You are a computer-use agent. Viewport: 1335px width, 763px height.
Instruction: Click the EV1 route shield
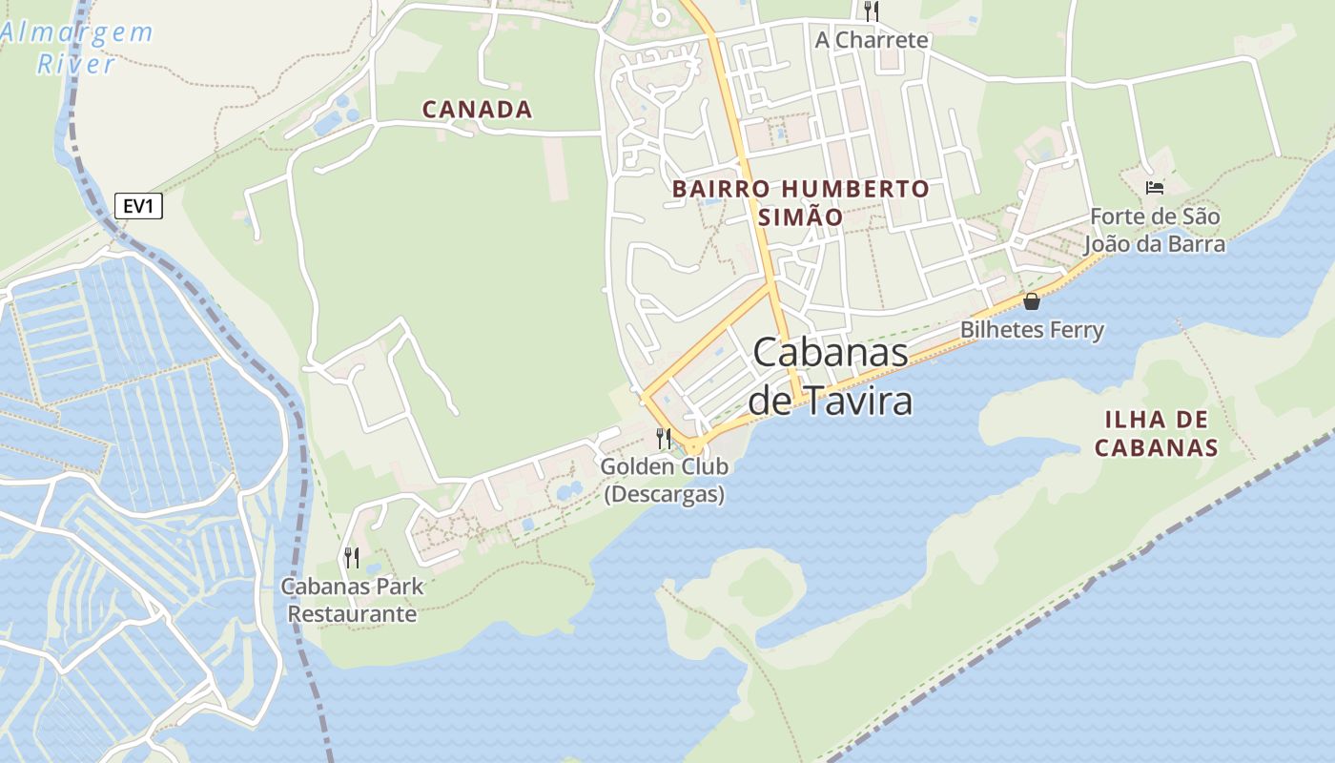point(139,206)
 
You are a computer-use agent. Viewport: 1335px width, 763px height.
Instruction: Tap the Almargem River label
point(76,48)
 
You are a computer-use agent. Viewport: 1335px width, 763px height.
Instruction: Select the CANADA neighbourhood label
point(477,110)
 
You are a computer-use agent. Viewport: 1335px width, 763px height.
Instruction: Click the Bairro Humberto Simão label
point(800,202)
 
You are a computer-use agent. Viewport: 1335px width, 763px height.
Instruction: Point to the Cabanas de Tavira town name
point(831,377)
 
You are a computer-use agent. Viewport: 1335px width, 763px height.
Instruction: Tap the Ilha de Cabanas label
point(1156,433)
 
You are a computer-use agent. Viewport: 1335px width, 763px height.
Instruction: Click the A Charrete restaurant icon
point(871,11)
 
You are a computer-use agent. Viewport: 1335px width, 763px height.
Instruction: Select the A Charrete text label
point(871,40)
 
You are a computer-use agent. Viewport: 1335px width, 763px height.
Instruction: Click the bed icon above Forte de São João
point(1155,187)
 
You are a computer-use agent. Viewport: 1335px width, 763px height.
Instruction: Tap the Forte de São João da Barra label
point(1155,230)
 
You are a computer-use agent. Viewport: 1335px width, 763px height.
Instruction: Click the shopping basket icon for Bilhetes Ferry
point(1031,302)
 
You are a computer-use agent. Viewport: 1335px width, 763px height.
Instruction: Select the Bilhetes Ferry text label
point(1032,330)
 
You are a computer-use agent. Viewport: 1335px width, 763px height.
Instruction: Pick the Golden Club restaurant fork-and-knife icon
point(664,439)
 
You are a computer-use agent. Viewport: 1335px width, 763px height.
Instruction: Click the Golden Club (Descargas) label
point(665,481)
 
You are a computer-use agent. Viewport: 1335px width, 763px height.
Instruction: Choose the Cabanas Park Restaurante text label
point(352,600)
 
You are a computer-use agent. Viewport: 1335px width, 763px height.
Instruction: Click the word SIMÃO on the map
point(800,217)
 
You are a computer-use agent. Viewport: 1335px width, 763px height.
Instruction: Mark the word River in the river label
point(76,65)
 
